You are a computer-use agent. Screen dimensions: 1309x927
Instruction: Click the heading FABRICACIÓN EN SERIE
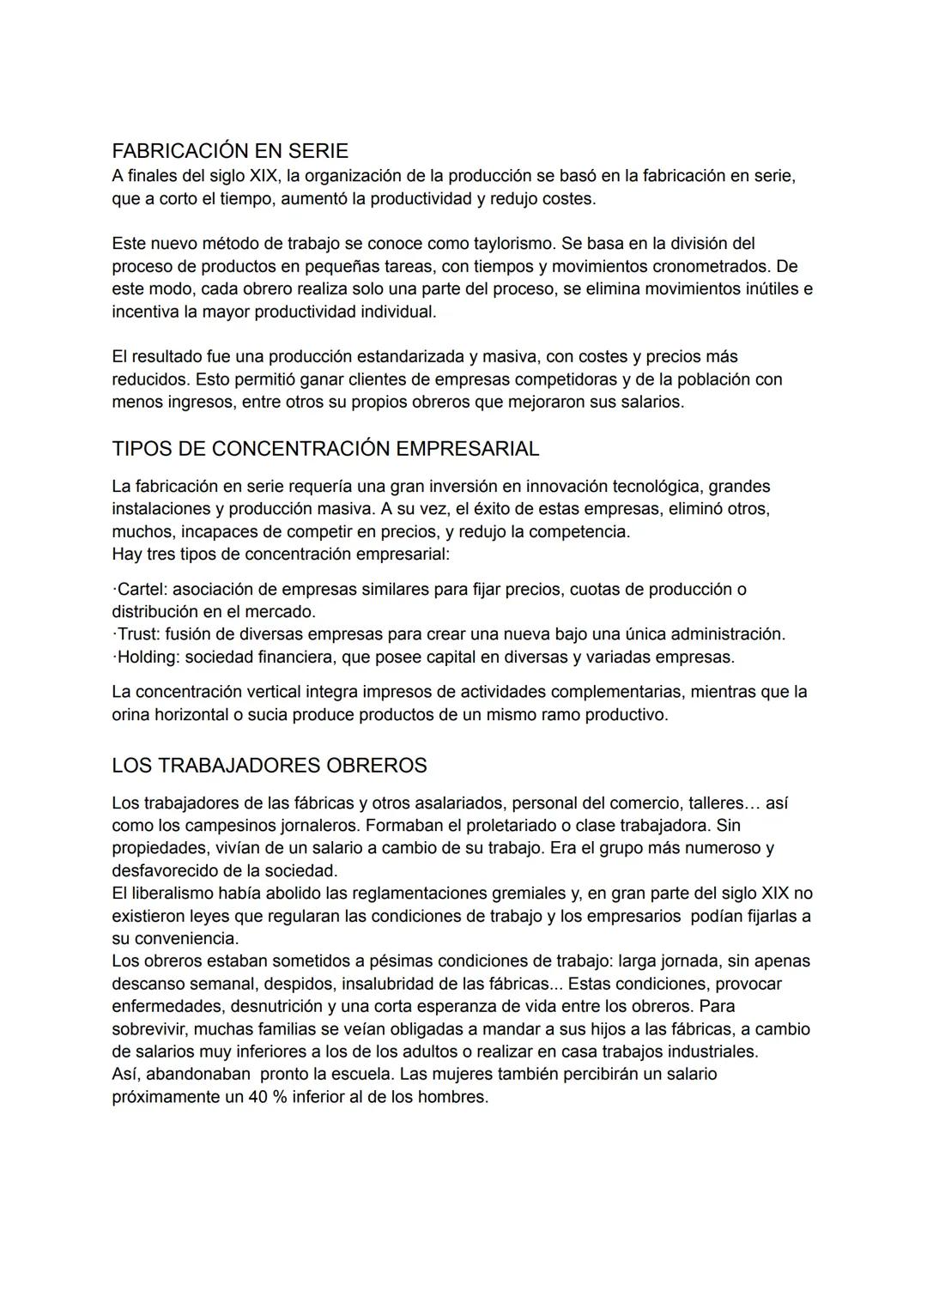pos(230,151)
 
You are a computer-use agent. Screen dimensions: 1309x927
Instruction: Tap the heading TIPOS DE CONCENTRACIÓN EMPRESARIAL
pos(325,449)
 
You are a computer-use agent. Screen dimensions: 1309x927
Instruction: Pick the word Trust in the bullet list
pos(138,634)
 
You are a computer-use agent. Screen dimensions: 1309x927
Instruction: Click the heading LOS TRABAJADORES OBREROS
pos(269,766)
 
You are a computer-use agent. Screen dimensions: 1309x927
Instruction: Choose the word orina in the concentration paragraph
pos(130,714)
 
